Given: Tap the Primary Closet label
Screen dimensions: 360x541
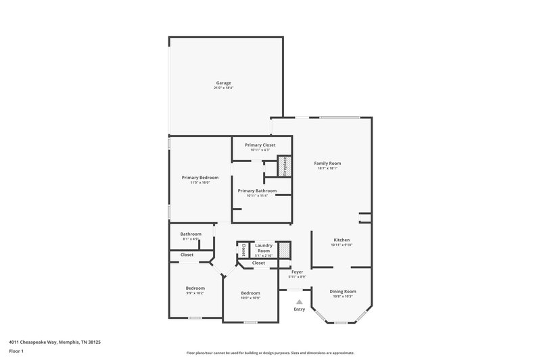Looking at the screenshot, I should click(x=260, y=145).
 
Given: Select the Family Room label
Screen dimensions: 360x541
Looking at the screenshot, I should click(x=327, y=163).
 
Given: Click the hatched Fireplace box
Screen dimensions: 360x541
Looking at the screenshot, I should click(x=287, y=166).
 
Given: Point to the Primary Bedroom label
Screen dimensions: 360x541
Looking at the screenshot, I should click(x=200, y=178).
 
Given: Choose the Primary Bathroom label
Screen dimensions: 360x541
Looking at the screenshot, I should click(x=257, y=191).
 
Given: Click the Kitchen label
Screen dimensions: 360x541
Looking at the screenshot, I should click(x=341, y=240).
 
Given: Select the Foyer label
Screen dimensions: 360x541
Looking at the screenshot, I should click(x=297, y=272).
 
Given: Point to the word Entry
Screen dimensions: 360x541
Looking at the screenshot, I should click(x=300, y=309).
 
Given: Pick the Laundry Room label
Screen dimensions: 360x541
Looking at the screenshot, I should click(x=264, y=248).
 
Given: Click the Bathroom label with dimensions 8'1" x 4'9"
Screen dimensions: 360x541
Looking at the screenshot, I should click(x=191, y=234).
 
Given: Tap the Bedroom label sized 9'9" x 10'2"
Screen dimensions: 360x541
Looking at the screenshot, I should click(x=195, y=288).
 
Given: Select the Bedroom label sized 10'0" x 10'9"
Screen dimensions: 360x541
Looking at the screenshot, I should click(x=250, y=293).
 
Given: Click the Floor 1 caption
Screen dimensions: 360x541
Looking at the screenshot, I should click(x=17, y=352).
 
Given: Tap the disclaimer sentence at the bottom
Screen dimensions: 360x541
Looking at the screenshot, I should click(x=270, y=353).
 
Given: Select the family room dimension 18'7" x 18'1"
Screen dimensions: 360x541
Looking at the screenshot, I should click(x=327, y=168).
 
